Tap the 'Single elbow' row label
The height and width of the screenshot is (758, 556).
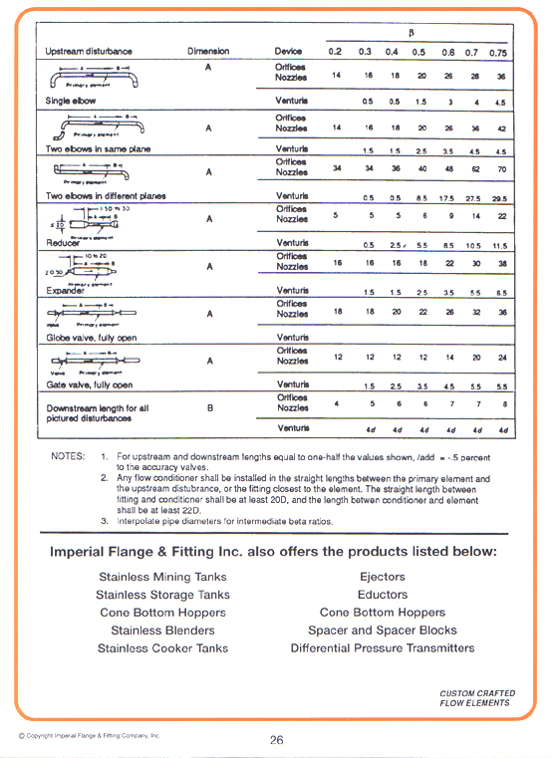coord(72,102)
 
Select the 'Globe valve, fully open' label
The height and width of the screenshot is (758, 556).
coord(92,338)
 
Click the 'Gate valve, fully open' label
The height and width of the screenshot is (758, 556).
coord(90,384)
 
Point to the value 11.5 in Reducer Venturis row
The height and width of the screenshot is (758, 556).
coord(501,245)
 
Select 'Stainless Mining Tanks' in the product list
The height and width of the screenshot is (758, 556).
coord(162,577)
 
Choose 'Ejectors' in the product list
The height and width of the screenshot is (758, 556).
coord(383,577)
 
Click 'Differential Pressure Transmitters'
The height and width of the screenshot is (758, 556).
coord(383,648)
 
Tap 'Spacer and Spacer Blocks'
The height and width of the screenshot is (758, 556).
coord(383,631)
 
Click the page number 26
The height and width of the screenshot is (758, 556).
coord(277,739)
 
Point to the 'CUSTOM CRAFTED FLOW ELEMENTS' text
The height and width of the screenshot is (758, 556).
coord(473,697)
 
